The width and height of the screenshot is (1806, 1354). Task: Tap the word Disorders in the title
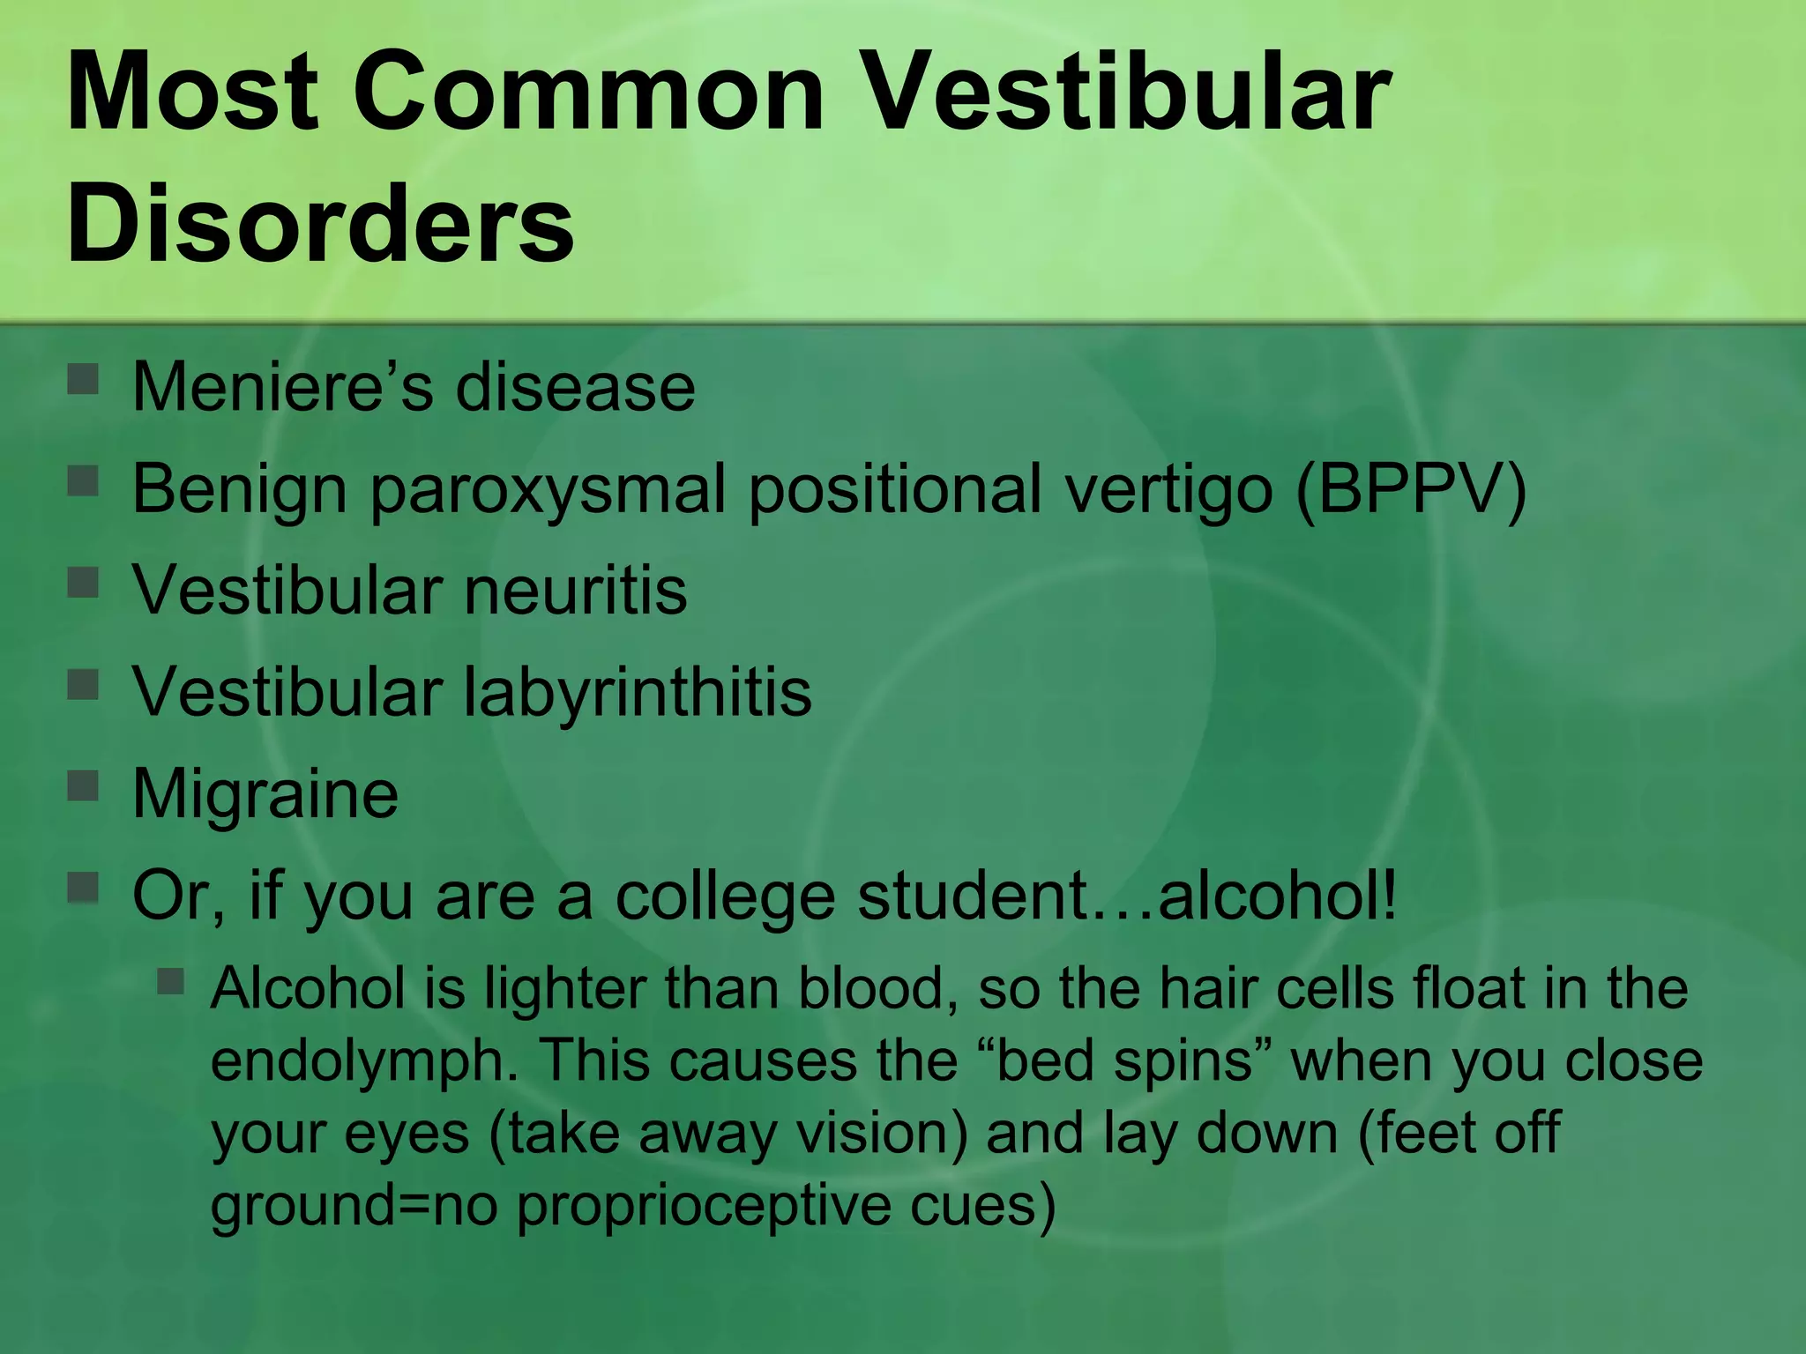click(320, 220)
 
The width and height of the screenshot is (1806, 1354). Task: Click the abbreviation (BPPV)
click(1411, 489)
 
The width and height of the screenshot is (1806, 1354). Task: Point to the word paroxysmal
click(548, 491)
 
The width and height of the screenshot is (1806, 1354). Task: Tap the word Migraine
click(265, 794)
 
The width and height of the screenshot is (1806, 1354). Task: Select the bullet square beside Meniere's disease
click(83, 379)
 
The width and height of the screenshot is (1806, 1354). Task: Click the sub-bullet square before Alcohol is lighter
click(171, 981)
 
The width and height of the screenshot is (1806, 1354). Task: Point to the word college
click(724, 896)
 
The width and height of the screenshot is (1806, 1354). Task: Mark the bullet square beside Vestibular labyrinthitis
click(83, 683)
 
